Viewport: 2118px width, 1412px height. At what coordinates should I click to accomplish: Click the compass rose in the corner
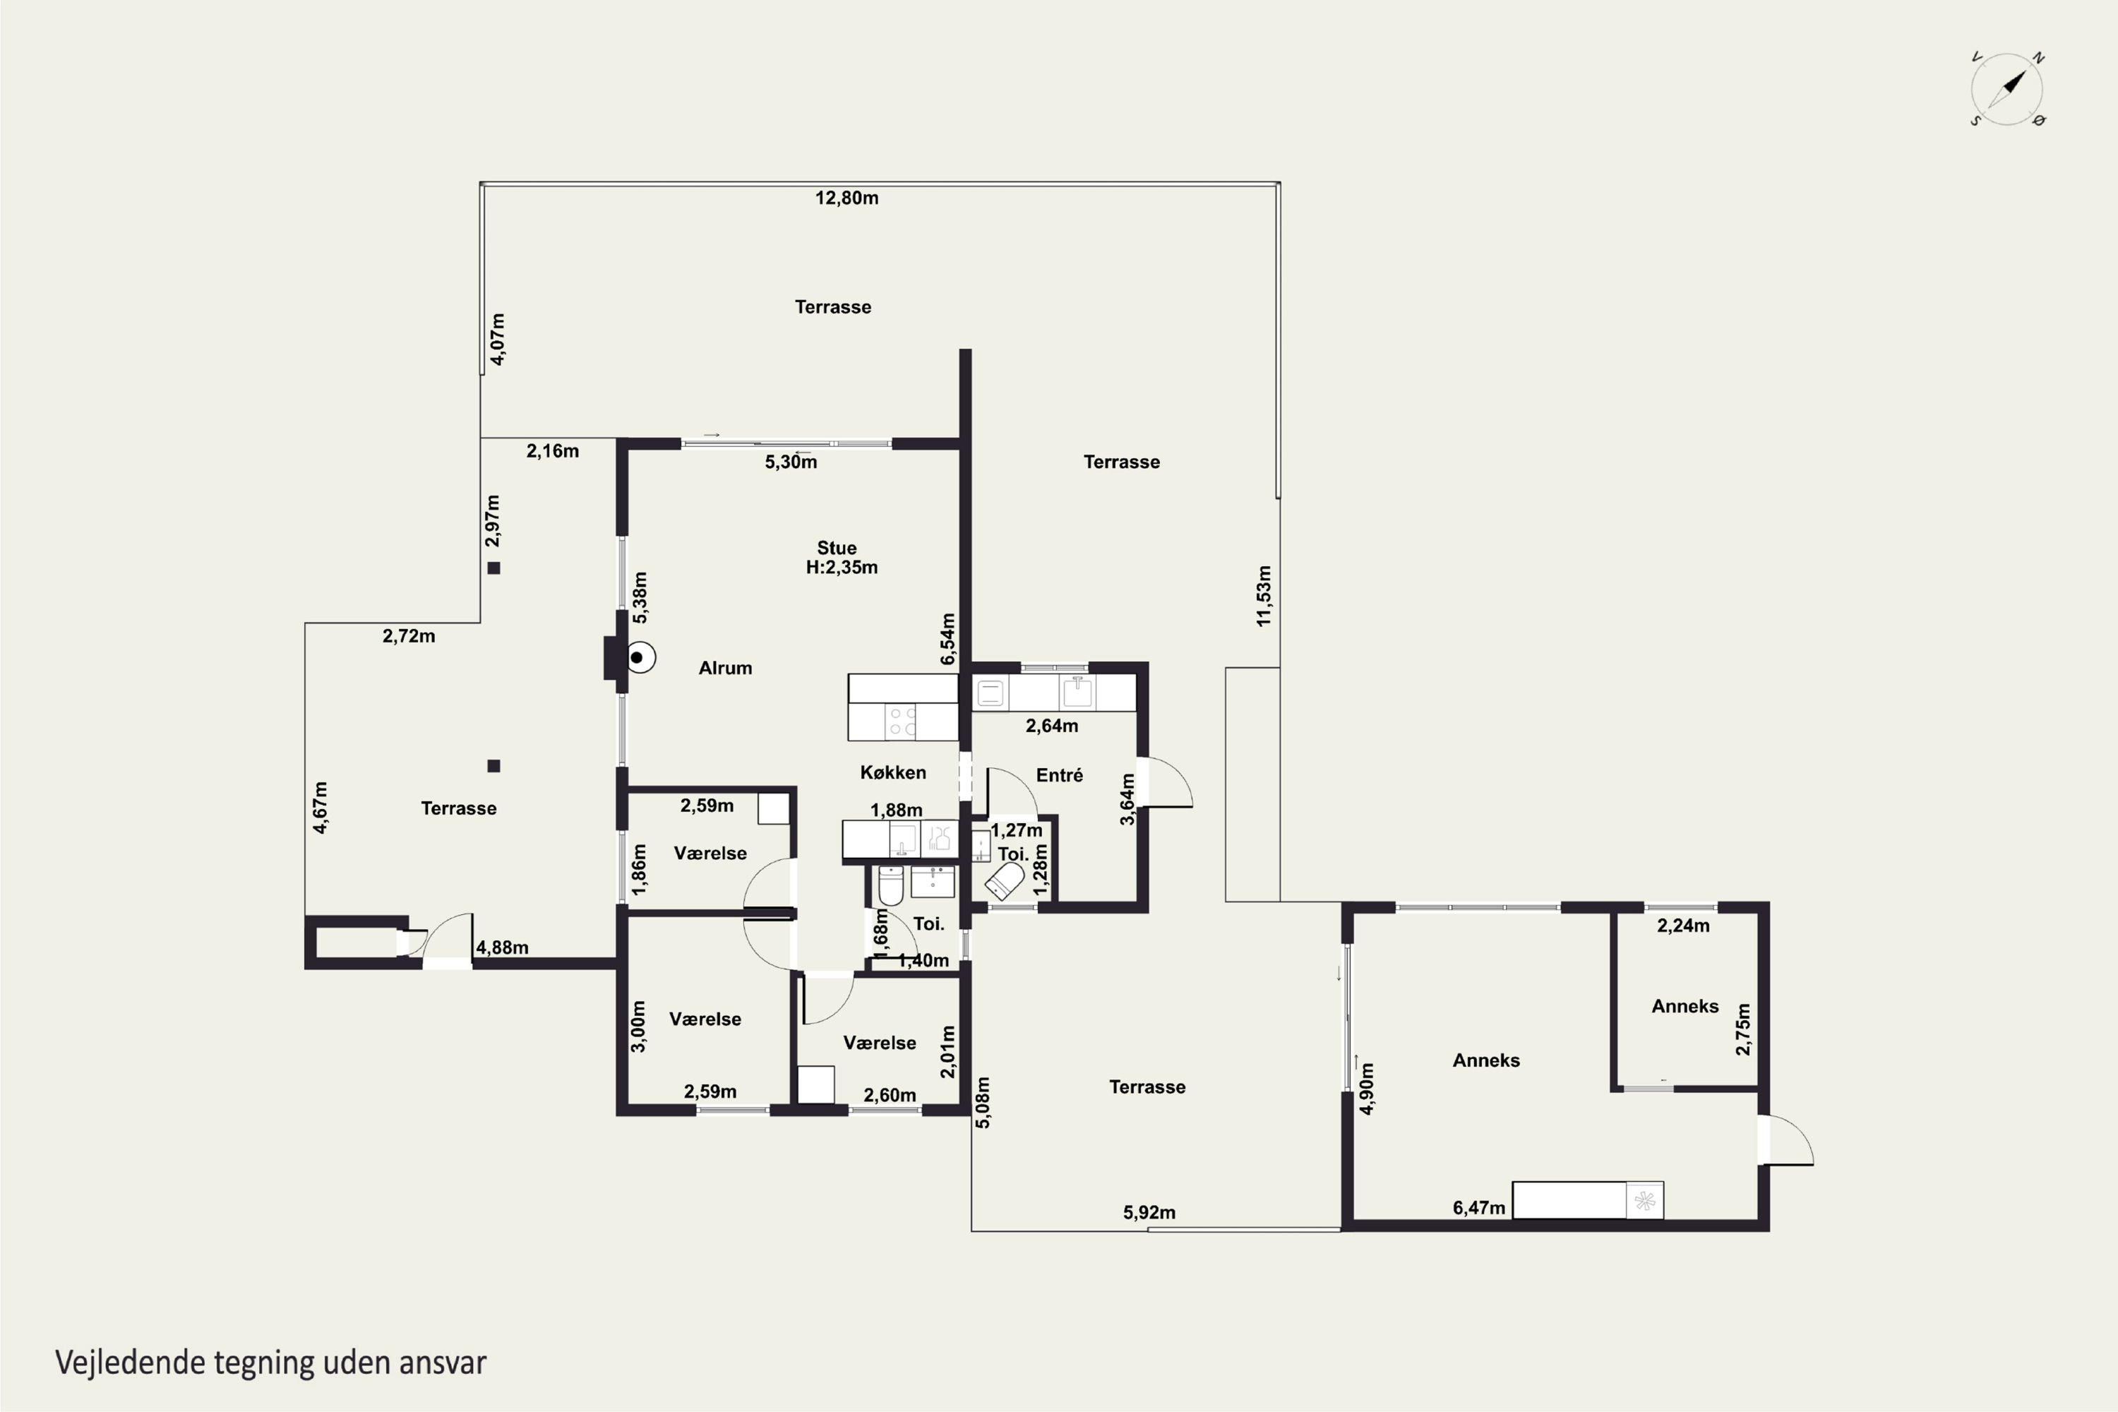point(2007,89)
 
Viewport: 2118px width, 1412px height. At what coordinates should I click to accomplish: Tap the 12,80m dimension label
point(846,198)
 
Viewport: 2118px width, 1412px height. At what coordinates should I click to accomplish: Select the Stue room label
point(837,548)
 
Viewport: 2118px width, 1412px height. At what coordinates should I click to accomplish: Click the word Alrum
point(725,668)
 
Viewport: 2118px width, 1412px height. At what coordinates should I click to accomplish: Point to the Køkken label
point(892,772)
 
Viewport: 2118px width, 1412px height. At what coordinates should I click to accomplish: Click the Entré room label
point(1059,775)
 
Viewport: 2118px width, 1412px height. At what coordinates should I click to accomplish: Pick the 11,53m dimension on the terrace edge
point(1264,596)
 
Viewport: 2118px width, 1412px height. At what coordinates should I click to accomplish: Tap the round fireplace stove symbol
point(640,657)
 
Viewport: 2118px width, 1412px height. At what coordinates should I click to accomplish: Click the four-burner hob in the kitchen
point(903,722)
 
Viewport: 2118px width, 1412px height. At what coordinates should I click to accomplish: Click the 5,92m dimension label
point(1149,1213)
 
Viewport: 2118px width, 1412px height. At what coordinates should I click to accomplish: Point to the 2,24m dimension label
point(1683,926)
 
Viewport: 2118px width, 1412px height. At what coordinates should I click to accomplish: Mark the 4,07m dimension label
point(497,340)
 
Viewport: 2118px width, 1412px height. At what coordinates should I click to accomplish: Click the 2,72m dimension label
point(409,637)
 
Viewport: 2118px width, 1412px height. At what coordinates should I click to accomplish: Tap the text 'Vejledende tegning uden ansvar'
point(271,1363)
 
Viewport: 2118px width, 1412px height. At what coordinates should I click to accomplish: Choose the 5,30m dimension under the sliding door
point(791,462)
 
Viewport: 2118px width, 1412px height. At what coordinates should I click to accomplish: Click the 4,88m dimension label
point(501,947)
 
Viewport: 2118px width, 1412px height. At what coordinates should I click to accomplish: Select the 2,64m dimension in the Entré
point(1052,726)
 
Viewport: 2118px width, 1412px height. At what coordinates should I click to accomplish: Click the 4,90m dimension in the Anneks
point(1367,1089)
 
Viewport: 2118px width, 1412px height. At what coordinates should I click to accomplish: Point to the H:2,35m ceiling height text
point(842,568)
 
